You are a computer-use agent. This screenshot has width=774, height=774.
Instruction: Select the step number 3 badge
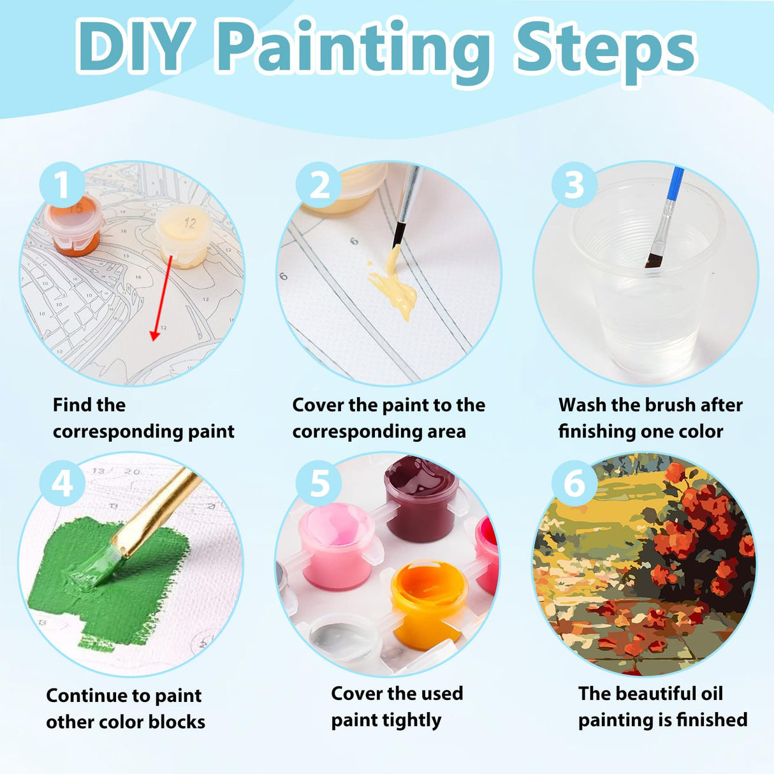pyautogui.click(x=574, y=185)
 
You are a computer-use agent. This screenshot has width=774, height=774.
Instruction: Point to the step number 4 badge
pyautogui.click(x=62, y=484)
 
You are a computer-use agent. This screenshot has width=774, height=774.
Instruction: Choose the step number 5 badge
pyautogui.click(x=319, y=484)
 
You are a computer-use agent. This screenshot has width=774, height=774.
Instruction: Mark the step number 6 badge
pyautogui.click(x=574, y=484)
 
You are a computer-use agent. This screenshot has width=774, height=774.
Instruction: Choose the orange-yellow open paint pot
pyautogui.click(x=429, y=599)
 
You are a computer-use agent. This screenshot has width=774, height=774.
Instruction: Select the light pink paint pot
pyautogui.click(x=336, y=545)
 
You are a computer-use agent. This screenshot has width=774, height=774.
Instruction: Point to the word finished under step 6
pyautogui.click(x=712, y=720)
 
